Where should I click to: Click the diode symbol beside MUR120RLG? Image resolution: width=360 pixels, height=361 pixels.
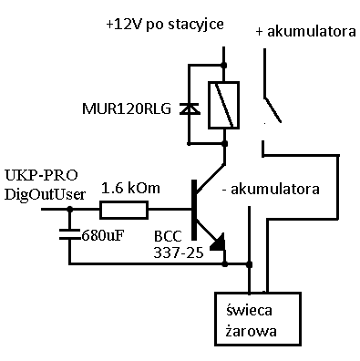[x=189, y=108]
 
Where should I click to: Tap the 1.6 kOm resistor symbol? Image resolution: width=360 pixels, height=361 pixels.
[x=124, y=211]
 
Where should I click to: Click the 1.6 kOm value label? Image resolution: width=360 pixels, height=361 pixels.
[x=130, y=188]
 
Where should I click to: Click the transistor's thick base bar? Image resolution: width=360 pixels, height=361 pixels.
[x=194, y=210]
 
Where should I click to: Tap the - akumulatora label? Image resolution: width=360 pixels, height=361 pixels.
[x=270, y=191]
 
